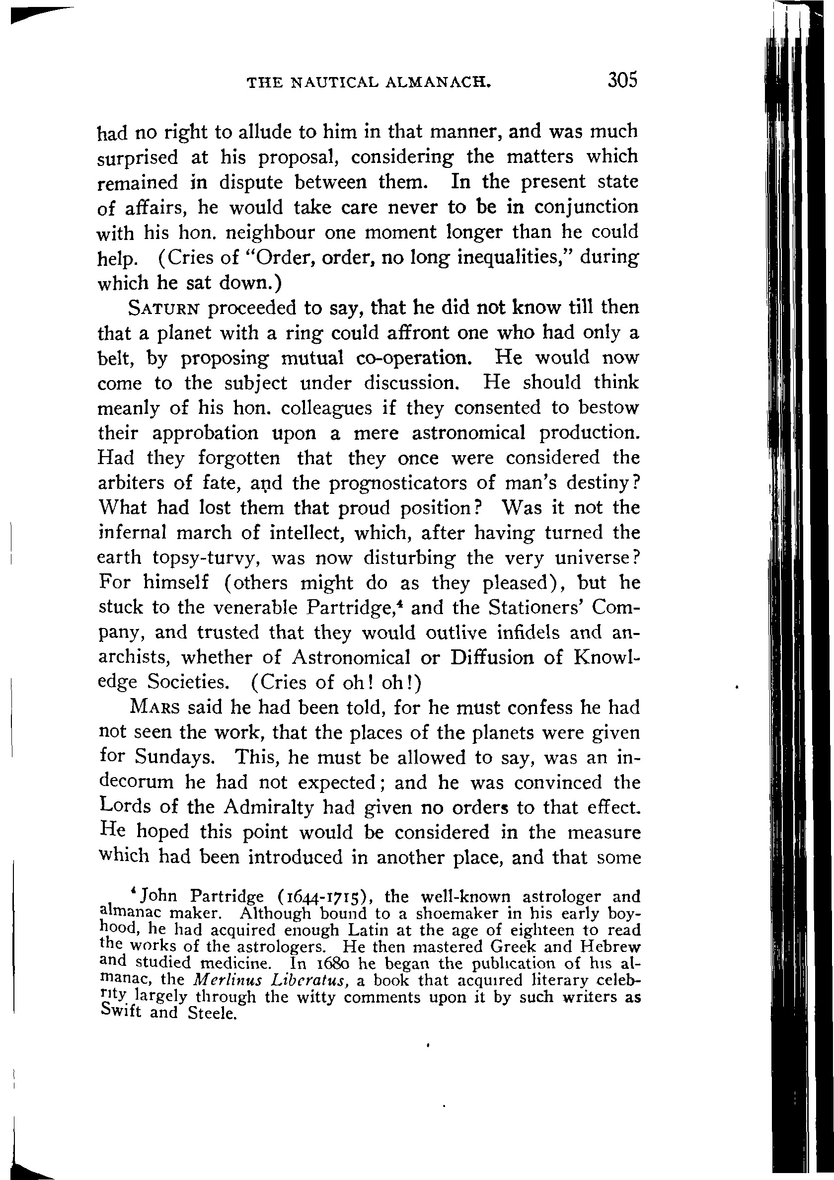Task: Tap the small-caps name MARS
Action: (155, 708)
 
